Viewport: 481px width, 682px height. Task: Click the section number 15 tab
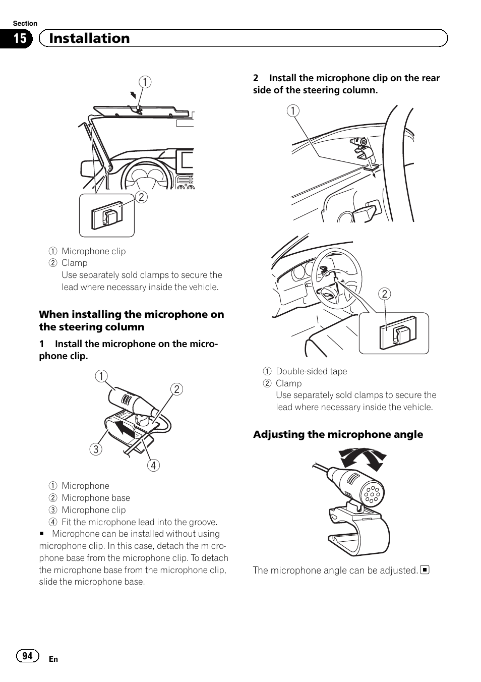pyautogui.click(x=19, y=39)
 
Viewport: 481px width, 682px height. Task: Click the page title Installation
pyautogui.click(x=89, y=38)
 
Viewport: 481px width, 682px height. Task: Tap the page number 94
pyautogui.click(x=28, y=655)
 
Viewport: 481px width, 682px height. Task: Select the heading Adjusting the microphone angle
pyautogui.click(x=338, y=434)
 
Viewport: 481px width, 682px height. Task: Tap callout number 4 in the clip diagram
pyautogui.click(x=153, y=465)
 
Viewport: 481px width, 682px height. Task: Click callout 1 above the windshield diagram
pyautogui.click(x=145, y=82)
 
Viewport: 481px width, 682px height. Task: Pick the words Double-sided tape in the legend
pyautogui.click(x=311, y=371)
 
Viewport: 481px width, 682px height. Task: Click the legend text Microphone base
pyautogui.click(x=96, y=498)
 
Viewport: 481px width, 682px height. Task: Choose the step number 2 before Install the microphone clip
pyautogui.click(x=256, y=78)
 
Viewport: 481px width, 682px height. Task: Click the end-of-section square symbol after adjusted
pyautogui.click(x=425, y=570)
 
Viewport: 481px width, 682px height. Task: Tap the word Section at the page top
pyautogui.click(x=25, y=23)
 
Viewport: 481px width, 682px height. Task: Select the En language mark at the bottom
pyautogui.click(x=53, y=659)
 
